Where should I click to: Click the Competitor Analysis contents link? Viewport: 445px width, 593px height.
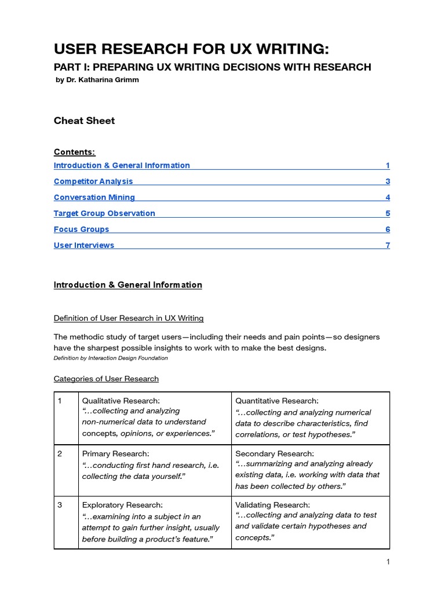(93, 181)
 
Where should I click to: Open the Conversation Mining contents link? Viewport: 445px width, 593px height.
(94, 197)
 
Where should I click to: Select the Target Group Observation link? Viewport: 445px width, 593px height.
(104, 213)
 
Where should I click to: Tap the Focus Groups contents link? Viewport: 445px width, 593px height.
(81, 229)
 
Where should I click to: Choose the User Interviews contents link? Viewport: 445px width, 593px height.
(84, 245)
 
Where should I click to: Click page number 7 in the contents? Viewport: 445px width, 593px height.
(388, 245)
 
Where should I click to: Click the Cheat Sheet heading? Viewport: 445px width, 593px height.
(84, 120)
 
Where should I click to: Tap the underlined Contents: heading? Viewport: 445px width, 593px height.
(74, 152)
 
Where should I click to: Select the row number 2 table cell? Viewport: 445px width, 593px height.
(60, 453)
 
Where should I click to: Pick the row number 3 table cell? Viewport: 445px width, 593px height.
(60, 505)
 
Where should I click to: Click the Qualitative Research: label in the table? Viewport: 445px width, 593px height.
(121, 401)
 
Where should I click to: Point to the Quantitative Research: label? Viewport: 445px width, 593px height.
(276, 401)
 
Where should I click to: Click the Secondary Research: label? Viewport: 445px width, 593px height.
(275, 453)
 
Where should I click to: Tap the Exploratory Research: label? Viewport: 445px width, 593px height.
(122, 505)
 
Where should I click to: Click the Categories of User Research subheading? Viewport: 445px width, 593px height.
(106, 379)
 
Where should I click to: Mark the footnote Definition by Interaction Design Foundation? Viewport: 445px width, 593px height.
(111, 358)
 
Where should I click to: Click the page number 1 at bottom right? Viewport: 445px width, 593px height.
(388, 562)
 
